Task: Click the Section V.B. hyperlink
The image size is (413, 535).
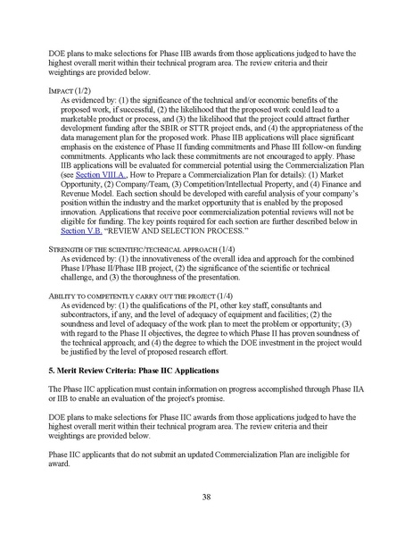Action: [81, 229]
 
